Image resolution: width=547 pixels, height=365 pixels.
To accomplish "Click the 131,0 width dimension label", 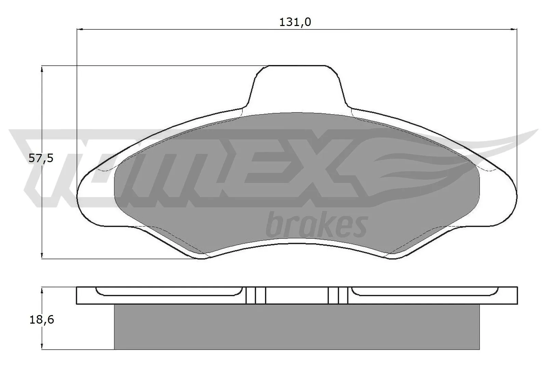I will click(295, 22).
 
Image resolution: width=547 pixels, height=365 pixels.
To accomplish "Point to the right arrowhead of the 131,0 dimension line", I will click(513, 29).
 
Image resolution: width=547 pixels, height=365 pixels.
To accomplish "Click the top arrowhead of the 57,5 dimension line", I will click(42, 69).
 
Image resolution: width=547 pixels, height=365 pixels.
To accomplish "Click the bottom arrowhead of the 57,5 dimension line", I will click(42, 255).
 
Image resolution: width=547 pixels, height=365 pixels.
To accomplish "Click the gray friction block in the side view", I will click(296, 327).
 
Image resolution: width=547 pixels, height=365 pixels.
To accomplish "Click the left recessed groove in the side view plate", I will click(168, 292).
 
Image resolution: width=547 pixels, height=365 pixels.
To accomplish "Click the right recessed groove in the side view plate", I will click(424, 292).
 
